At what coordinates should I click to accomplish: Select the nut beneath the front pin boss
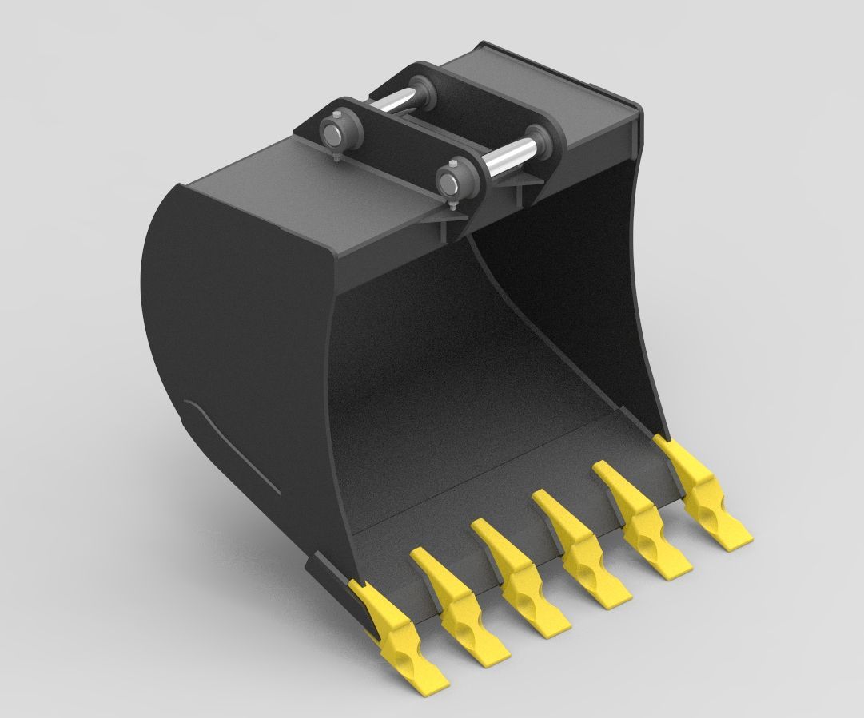[x=452, y=209]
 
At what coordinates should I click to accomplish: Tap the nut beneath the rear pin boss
[x=339, y=163]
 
